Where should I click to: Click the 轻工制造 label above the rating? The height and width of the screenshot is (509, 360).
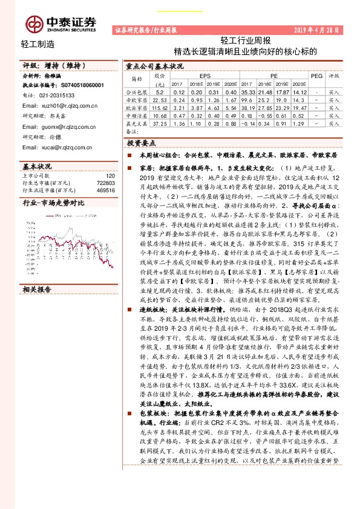pyautogui.click(x=38, y=44)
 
